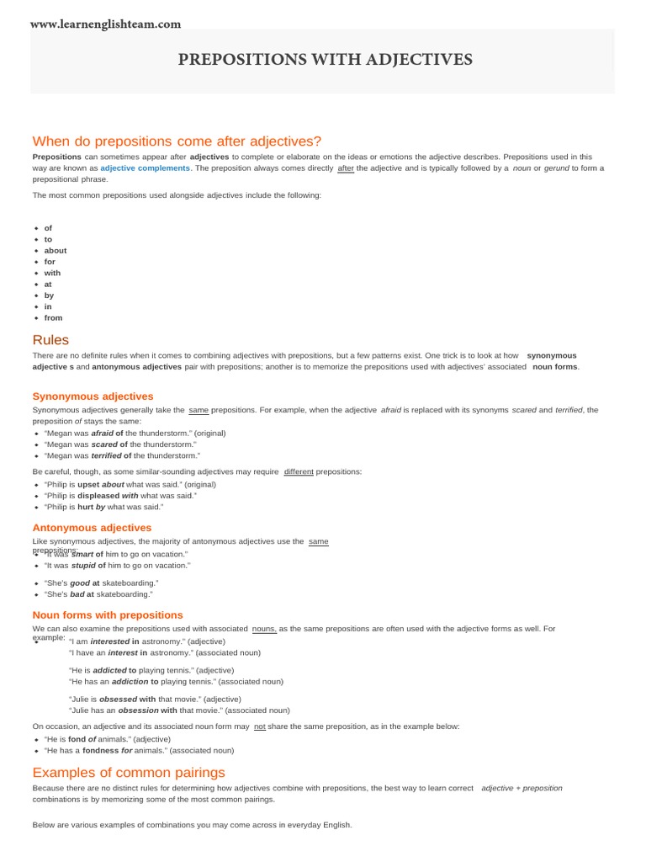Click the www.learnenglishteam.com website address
click(106, 24)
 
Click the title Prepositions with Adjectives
click(325, 60)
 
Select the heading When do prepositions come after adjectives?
click(177, 141)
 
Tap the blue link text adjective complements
click(145, 168)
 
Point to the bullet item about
click(56, 250)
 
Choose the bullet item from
click(53, 317)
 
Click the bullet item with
click(52, 273)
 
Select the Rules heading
click(50, 340)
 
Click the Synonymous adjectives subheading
click(93, 396)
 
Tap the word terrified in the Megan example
click(106, 455)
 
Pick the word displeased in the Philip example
click(98, 496)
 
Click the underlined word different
click(299, 471)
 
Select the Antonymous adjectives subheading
click(92, 528)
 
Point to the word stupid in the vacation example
click(84, 566)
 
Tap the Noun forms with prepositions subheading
click(108, 615)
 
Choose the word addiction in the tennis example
click(130, 681)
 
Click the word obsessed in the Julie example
click(118, 699)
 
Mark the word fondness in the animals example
click(100, 750)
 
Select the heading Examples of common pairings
click(129, 772)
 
